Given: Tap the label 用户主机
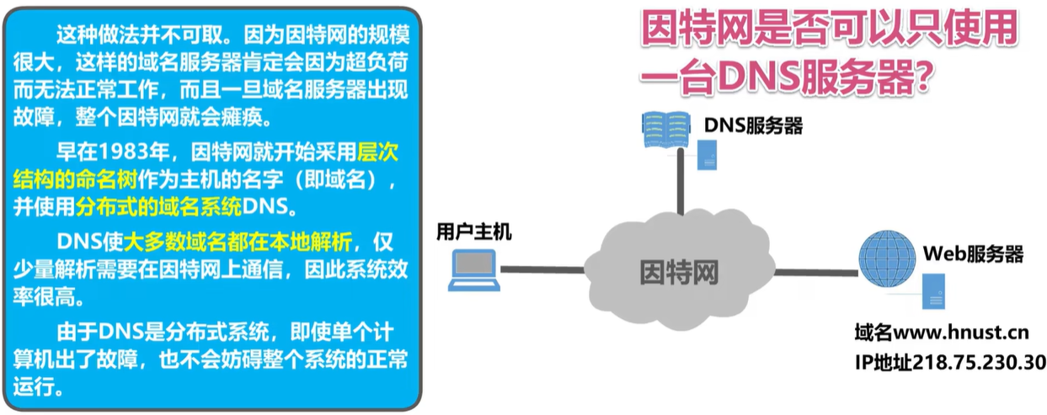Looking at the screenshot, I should tap(473, 231).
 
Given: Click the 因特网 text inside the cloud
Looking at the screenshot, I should tap(674, 270).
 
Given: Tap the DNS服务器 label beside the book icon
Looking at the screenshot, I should tap(753, 126).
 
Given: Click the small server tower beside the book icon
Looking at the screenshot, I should tap(707, 153).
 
